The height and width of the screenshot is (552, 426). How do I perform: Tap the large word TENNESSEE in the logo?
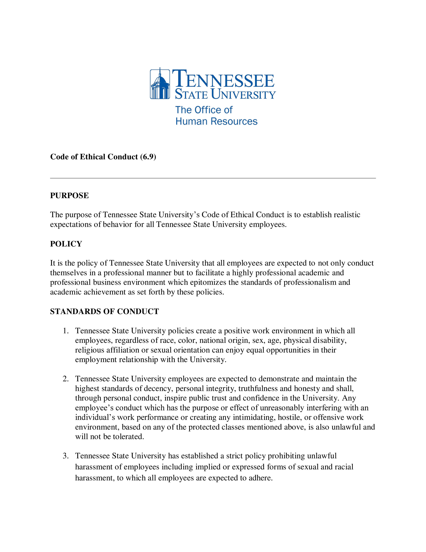point(223,79)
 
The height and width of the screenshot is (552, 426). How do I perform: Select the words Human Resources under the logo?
point(216,121)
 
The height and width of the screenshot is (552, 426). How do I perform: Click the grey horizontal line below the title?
point(213,178)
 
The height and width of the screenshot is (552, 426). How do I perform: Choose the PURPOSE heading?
point(69,195)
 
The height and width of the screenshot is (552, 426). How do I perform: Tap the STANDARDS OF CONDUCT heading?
point(105,311)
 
